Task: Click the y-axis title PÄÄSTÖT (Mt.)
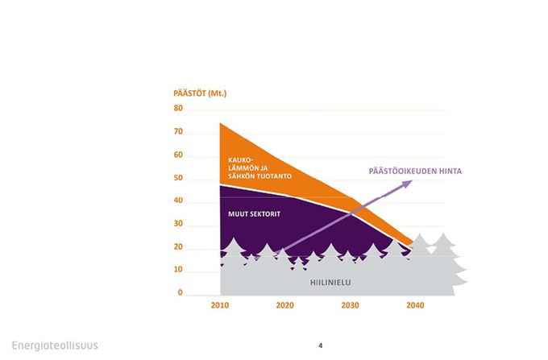pyautogui.click(x=200, y=93)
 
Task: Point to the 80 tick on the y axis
pyautogui.click(x=178, y=108)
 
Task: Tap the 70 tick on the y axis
pyautogui.click(x=178, y=131)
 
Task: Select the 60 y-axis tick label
pyautogui.click(x=178, y=155)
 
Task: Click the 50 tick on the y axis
pyautogui.click(x=178, y=178)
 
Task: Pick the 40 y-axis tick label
pyautogui.click(x=178, y=201)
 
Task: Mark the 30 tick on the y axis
pyautogui.click(x=178, y=223)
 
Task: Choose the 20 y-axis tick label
pyautogui.click(x=178, y=247)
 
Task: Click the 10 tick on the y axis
pyautogui.click(x=178, y=270)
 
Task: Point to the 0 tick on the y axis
pyautogui.click(x=180, y=292)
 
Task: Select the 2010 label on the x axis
pyautogui.click(x=220, y=305)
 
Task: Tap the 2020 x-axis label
pyautogui.click(x=284, y=305)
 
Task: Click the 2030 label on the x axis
pyautogui.click(x=350, y=305)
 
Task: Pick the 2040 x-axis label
pyautogui.click(x=415, y=305)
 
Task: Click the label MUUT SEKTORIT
pyautogui.click(x=254, y=214)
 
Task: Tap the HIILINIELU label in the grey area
pyautogui.click(x=330, y=283)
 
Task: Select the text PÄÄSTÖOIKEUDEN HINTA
pyautogui.click(x=415, y=171)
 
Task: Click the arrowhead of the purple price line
pyautogui.click(x=408, y=184)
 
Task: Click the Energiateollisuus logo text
pyautogui.click(x=55, y=346)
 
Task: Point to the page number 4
pyautogui.click(x=321, y=346)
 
